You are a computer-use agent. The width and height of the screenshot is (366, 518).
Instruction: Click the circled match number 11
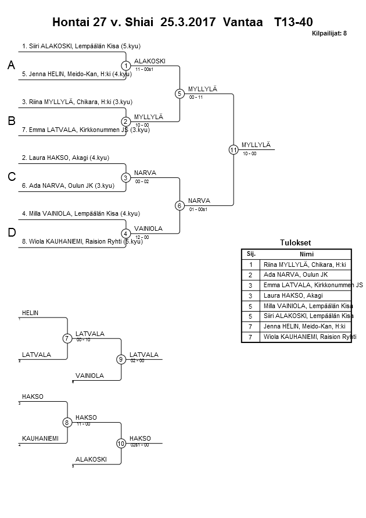(x=234, y=149)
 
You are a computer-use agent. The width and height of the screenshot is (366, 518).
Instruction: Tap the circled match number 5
(x=180, y=93)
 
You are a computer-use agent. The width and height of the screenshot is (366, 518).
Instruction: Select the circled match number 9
(x=121, y=359)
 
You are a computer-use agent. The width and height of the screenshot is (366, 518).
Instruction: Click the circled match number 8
(x=67, y=423)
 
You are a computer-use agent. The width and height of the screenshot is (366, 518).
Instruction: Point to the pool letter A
(x=11, y=66)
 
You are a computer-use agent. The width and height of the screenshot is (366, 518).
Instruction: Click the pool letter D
(x=11, y=233)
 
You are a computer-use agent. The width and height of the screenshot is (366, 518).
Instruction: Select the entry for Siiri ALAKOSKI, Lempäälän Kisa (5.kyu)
(x=81, y=46)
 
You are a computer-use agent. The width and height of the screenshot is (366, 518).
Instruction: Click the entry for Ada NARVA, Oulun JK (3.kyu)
(x=67, y=185)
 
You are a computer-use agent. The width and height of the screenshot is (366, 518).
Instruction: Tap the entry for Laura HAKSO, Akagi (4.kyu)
(x=65, y=158)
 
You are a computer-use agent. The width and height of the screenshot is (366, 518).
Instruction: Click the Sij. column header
(x=251, y=254)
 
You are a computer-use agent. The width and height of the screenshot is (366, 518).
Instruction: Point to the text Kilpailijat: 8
(x=329, y=33)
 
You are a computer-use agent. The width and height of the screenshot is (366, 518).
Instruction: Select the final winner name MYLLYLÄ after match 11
(x=256, y=145)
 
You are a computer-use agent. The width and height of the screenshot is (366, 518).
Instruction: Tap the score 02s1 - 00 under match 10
(x=139, y=445)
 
